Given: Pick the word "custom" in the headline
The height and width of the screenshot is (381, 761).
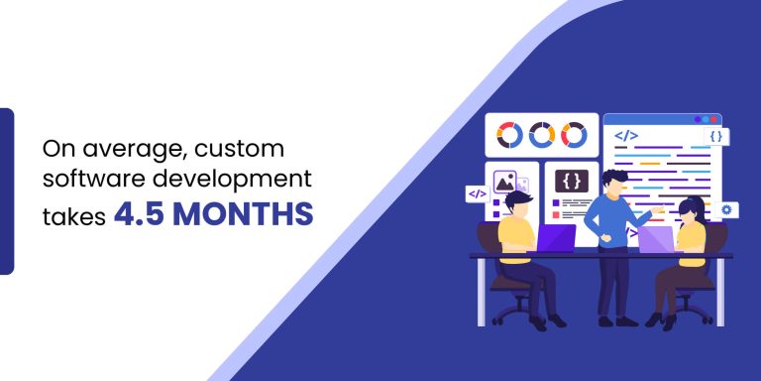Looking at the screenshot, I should (x=241, y=151).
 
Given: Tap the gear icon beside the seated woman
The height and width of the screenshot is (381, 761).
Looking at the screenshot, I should (x=727, y=210).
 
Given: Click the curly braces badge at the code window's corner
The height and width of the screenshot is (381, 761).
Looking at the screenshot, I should (x=715, y=136).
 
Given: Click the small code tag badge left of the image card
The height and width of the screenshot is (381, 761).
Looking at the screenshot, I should (x=477, y=194).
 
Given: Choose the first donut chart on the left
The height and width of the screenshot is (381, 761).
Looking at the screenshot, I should (x=508, y=134).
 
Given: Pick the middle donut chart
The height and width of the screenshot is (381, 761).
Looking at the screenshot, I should (x=541, y=134).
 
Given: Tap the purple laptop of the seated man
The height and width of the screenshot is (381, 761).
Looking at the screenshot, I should (x=556, y=239).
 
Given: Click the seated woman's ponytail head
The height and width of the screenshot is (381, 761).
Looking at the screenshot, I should (x=692, y=208).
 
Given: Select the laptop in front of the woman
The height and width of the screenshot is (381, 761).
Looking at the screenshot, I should (x=656, y=239).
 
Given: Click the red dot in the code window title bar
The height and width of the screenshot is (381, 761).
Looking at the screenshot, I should (x=698, y=119).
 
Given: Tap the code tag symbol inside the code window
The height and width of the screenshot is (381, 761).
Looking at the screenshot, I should (x=625, y=134).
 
